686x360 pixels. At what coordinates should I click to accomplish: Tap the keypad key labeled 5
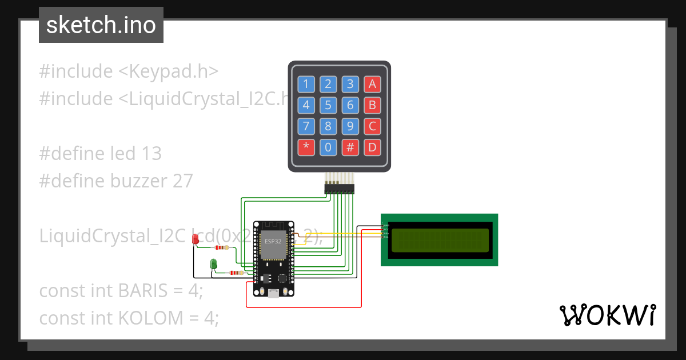coord(328,105)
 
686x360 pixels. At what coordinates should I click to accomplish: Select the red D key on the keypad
coord(373,147)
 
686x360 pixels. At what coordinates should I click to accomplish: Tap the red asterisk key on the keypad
coord(306,147)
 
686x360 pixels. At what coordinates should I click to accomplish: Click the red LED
coord(196,240)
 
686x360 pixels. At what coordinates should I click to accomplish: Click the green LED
coord(214,264)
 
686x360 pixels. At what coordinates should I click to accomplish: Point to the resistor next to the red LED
coord(221,248)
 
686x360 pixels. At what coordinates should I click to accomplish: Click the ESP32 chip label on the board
coord(272,242)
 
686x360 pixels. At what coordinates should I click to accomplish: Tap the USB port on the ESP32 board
coord(273,293)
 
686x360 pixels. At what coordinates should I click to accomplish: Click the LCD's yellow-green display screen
coord(440,240)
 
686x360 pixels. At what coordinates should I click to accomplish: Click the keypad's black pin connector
coord(339,187)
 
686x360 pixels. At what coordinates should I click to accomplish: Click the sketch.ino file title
coord(101,25)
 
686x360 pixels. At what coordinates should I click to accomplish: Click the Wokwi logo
coord(607,315)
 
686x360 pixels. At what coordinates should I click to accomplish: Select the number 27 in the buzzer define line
coord(182,181)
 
